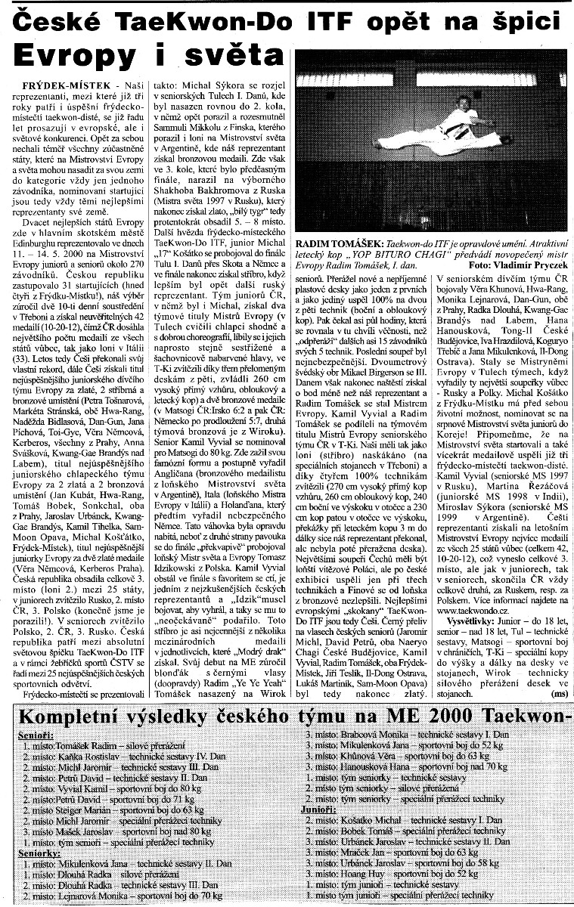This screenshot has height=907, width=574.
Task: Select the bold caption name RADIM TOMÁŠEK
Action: click(x=338, y=246)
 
